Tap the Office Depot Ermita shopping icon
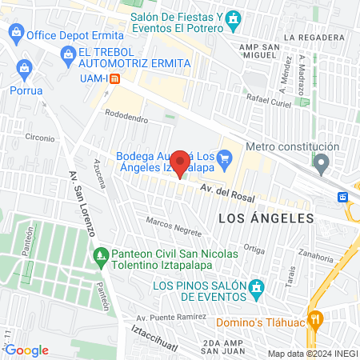[x=16, y=34]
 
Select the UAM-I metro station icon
[x=115, y=78]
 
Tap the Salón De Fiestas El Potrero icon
[x=233, y=18]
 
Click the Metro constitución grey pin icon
[x=322, y=166]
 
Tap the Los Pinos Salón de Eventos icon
[x=256, y=286]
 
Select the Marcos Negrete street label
[x=173, y=225]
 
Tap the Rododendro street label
[x=126, y=118]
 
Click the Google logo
[x=26, y=350]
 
